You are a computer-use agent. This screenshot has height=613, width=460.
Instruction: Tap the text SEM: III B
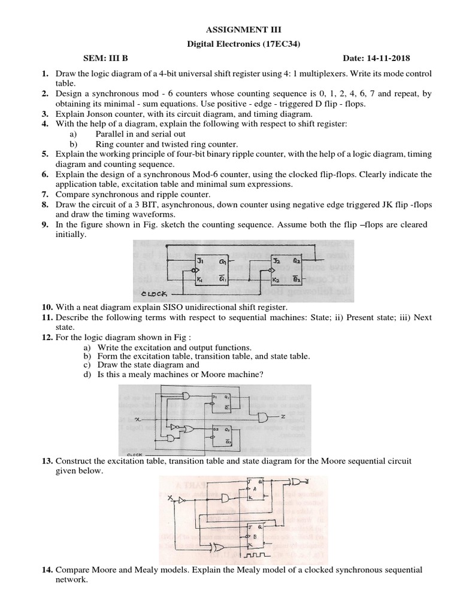pyautogui.click(x=105, y=57)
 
